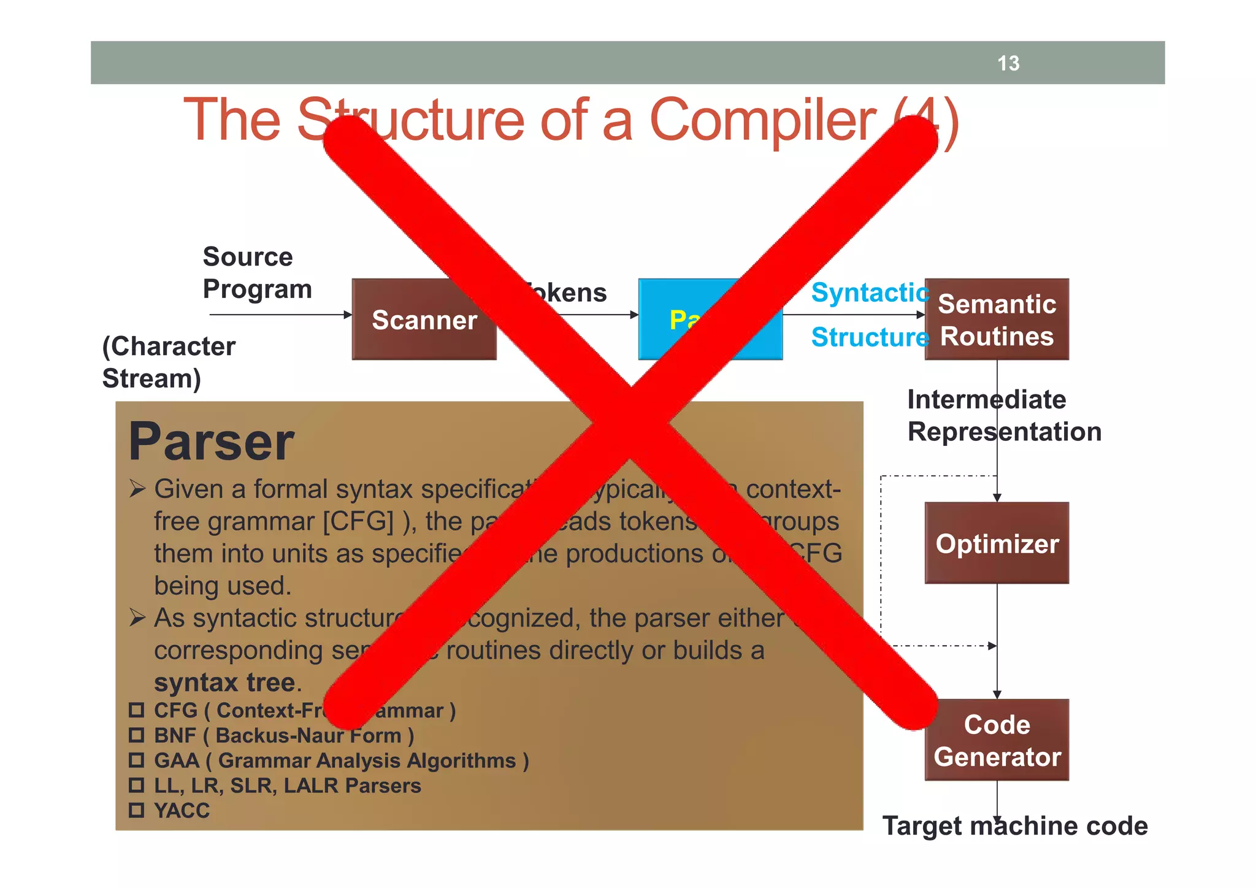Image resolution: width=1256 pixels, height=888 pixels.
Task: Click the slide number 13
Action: (x=1008, y=63)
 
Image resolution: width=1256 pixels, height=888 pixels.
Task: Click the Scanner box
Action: (x=424, y=320)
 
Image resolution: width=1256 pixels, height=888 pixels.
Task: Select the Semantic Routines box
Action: (x=997, y=320)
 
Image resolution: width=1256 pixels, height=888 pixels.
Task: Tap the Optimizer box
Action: (x=997, y=543)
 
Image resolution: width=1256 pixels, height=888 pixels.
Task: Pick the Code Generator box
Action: (x=997, y=740)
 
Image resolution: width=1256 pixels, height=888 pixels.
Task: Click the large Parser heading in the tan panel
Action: (x=212, y=442)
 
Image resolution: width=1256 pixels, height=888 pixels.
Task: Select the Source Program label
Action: (x=256, y=273)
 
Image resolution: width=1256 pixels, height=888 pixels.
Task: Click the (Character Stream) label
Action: (x=168, y=362)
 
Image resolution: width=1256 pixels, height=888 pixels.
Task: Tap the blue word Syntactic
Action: (x=870, y=293)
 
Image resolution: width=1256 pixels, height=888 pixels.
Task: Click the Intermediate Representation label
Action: (x=1003, y=416)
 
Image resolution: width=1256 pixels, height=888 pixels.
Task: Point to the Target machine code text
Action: (x=1014, y=826)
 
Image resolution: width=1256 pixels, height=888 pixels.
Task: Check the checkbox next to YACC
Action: (x=136, y=810)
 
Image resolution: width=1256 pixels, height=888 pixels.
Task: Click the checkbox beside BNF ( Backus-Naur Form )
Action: (x=136, y=735)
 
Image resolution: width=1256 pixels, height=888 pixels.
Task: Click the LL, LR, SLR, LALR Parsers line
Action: (x=287, y=786)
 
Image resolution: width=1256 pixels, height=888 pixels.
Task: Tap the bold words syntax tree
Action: (x=224, y=683)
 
